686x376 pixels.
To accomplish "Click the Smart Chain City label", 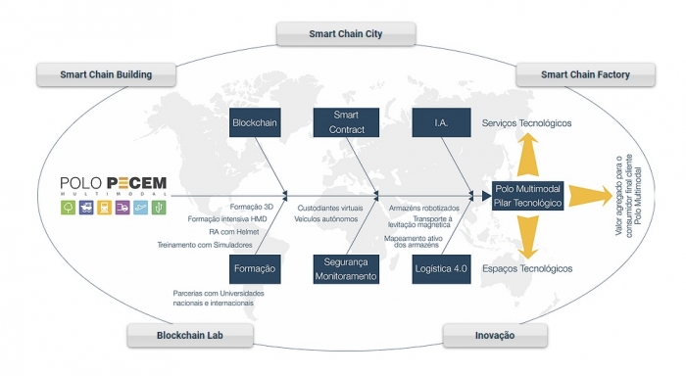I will pos(345,34).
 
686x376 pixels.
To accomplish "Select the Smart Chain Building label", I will pos(107,74).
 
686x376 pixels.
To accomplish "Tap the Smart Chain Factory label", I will pos(585,74).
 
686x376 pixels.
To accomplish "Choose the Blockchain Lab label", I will pos(190,336).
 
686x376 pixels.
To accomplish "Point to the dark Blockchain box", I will pos(255,124).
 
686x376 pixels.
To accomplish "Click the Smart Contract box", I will pos(345,124).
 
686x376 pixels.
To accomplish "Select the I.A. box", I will pos(441,124).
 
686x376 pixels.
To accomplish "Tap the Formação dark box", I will pos(255,268).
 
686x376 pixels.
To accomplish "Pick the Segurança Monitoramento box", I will pos(345,268).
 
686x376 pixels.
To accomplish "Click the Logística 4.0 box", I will pos(441,268).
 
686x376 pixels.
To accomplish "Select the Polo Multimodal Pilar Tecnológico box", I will pos(528,195).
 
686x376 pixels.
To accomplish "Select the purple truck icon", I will pos(123,209).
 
